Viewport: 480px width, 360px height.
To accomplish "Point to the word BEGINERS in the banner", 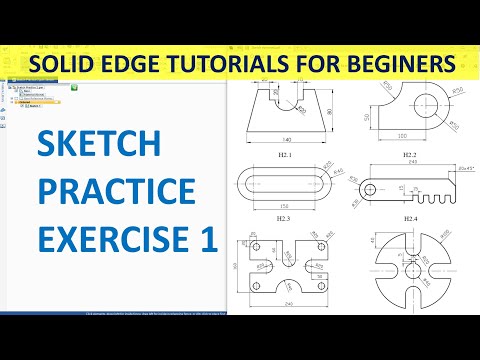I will tap(399, 63).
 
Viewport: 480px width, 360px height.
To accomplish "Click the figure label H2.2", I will tap(410, 155).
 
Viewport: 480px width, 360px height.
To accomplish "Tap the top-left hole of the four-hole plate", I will tap(256, 245).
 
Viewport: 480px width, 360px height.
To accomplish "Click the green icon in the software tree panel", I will tap(77, 89).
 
